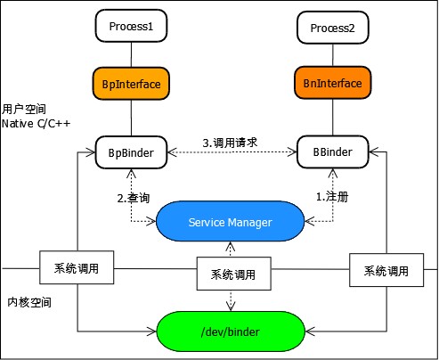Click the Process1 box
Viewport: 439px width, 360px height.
coord(132,27)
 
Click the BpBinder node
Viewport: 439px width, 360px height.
coord(132,153)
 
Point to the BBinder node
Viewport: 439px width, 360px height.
coord(331,153)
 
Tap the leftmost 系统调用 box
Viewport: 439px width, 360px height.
coord(76,268)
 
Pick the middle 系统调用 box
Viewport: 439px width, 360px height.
coord(232,274)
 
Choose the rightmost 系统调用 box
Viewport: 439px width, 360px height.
coord(386,270)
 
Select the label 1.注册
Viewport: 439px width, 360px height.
coord(332,196)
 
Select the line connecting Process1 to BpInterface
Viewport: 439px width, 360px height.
coord(132,55)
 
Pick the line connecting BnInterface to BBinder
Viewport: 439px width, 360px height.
coord(331,119)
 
